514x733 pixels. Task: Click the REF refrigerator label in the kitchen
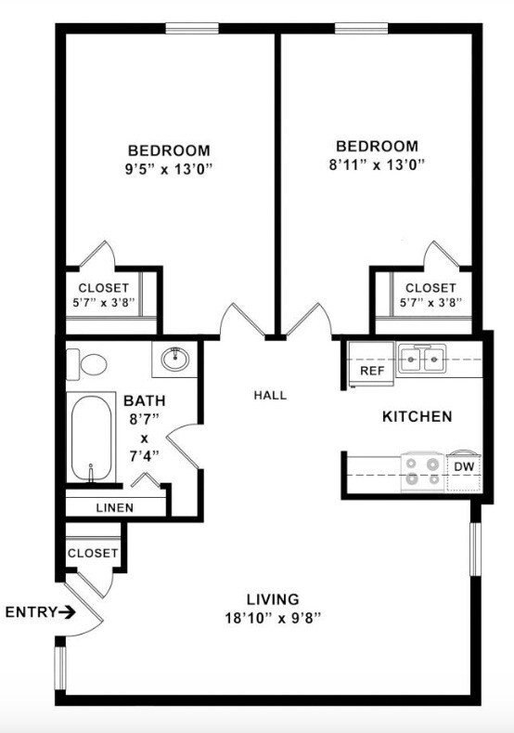[x=371, y=371]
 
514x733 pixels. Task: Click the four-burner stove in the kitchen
[x=423, y=471]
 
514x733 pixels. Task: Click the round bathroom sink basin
[x=174, y=358]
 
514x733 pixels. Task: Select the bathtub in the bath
[x=91, y=438]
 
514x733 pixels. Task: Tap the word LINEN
[x=115, y=508]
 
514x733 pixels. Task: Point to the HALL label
[x=270, y=395]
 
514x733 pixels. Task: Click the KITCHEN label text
[x=417, y=417]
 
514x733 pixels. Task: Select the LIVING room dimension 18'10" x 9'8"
[x=272, y=617]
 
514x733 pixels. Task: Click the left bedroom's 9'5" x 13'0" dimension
[x=169, y=170]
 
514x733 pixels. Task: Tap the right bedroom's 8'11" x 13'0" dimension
[x=377, y=166]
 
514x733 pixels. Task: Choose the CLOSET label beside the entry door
[x=93, y=553]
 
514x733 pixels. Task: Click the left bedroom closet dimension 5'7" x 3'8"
[x=103, y=303]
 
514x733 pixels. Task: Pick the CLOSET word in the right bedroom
[x=430, y=288]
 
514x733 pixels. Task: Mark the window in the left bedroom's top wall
[x=192, y=29]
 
